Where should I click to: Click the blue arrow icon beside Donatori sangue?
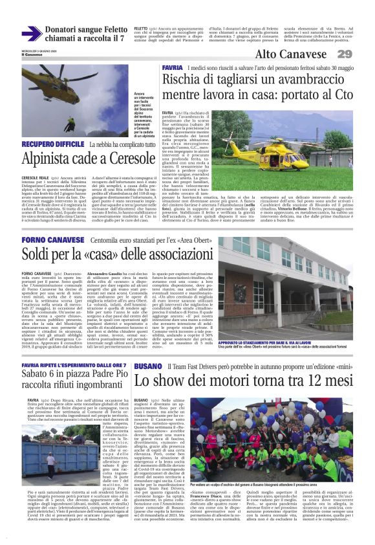32,33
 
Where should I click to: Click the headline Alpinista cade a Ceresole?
89,158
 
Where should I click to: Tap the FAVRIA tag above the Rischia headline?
173,68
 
